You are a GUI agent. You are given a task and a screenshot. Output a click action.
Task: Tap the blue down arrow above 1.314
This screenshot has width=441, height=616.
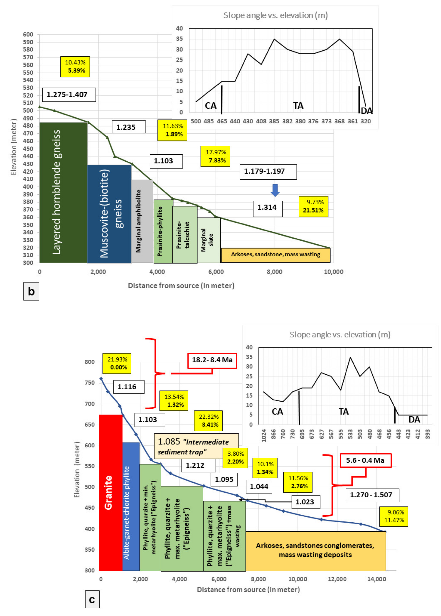click(275, 190)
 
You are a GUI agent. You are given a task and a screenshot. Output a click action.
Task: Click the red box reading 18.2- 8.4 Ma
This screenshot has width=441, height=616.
click(212, 360)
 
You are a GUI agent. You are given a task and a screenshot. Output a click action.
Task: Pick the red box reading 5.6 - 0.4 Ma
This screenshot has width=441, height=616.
click(365, 460)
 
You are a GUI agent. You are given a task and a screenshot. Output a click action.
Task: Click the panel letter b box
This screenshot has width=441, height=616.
click(31, 291)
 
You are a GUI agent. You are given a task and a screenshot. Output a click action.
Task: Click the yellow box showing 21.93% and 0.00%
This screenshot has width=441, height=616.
click(117, 363)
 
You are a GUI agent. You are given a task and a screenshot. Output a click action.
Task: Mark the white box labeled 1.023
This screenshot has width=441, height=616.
click(306, 502)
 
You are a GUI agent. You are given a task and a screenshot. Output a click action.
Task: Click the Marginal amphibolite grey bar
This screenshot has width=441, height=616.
click(142, 221)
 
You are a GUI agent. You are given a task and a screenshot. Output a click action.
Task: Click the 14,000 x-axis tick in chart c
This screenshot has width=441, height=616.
click(376, 579)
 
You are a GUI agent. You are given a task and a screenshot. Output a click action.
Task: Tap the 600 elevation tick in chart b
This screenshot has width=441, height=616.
click(28, 34)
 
